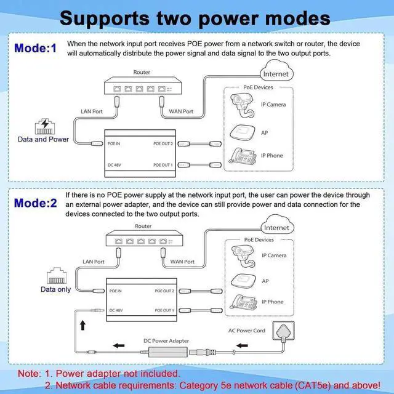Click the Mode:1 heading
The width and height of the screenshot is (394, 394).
click(x=35, y=48)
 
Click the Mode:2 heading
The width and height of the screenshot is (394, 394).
click(x=35, y=201)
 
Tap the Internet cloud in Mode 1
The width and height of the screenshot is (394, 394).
click(x=275, y=74)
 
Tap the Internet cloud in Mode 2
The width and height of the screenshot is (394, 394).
click(x=275, y=227)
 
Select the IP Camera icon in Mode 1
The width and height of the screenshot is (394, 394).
click(x=241, y=104)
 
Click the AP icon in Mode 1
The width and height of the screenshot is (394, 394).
click(x=242, y=132)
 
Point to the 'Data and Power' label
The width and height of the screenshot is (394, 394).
click(x=43, y=139)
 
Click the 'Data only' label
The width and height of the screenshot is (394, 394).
click(x=56, y=289)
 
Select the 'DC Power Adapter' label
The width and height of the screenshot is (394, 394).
click(x=166, y=340)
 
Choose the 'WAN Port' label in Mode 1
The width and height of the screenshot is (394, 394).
click(x=181, y=111)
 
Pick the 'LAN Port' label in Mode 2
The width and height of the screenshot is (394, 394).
click(x=92, y=261)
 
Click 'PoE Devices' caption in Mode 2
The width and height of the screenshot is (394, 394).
click(x=259, y=240)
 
